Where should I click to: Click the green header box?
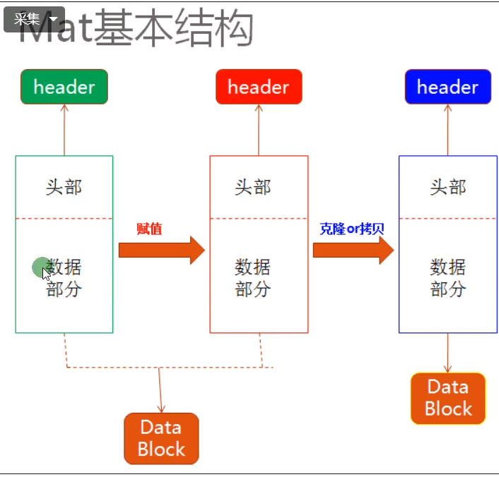tap(64, 87)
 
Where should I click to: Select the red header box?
tap(259, 87)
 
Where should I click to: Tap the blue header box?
tap(447, 87)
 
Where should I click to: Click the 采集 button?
tap(34, 19)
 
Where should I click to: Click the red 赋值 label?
tap(149, 229)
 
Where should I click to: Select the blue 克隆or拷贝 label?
tap(351, 229)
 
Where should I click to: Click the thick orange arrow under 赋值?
tap(161, 250)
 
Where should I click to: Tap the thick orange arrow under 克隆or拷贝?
tap(353, 250)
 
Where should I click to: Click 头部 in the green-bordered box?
tap(64, 187)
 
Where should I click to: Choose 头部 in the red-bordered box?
tap(252, 187)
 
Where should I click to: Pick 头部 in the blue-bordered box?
tap(448, 187)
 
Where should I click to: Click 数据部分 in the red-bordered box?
tap(252, 277)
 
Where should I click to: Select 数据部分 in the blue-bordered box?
tap(448, 277)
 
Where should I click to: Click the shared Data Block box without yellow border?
tap(161, 438)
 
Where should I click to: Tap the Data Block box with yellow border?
tap(448, 398)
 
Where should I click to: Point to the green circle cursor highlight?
tap(41, 267)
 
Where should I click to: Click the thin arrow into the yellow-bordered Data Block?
tap(448, 353)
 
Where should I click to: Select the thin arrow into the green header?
tap(64, 130)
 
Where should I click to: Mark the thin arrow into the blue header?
tap(448, 130)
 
